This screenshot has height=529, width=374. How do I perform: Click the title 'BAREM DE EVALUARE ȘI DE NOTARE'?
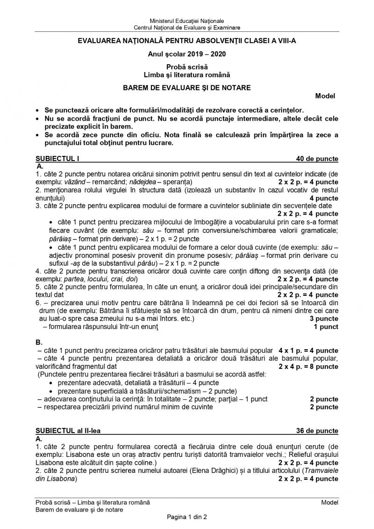point(187,88)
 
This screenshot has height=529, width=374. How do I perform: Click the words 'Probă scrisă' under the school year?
point(187,67)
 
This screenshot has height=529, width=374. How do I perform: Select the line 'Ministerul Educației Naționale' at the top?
point(187,21)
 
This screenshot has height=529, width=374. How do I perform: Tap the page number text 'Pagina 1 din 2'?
point(187,517)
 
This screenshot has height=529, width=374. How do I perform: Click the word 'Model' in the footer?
point(330,502)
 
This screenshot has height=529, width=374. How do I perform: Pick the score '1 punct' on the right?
point(326,327)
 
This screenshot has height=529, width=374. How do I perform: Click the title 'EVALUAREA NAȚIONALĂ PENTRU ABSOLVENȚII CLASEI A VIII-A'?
point(187,41)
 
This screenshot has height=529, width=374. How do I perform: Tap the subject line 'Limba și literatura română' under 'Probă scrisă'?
point(187,74)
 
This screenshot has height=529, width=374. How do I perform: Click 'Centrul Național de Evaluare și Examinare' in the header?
point(187,28)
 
